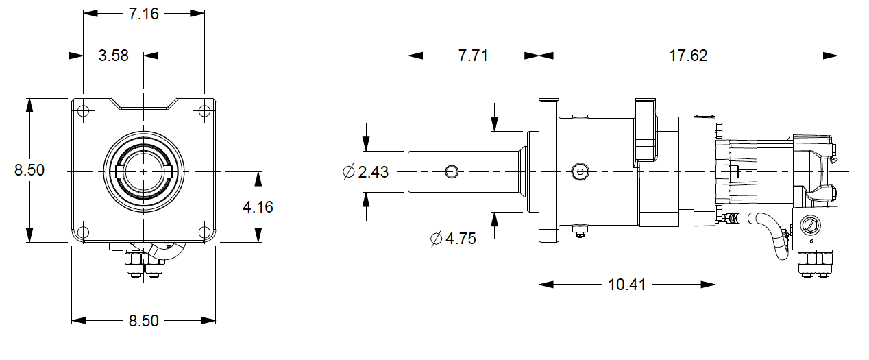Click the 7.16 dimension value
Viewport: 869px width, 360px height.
[x=144, y=14]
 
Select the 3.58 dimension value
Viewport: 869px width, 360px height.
[x=113, y=56]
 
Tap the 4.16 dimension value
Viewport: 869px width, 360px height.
[x=258, y=206]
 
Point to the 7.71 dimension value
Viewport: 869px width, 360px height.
[x=472, y=56]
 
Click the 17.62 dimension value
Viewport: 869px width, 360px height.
[x=688, y=56]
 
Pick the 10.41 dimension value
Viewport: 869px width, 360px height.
[x=626, y=285]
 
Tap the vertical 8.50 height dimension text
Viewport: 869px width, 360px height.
[x=29, y=170]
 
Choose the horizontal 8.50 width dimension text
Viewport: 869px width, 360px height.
[x=144, y=321]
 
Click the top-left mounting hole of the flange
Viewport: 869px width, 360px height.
[x=83, y=111]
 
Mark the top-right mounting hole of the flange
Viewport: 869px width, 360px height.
[x=204, y=111]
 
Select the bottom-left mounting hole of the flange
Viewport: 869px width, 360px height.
[x=83, y=231]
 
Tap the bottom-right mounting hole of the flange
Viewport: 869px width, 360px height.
[x=204, y=231]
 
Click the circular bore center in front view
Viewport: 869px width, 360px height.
[x=143, y=171]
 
